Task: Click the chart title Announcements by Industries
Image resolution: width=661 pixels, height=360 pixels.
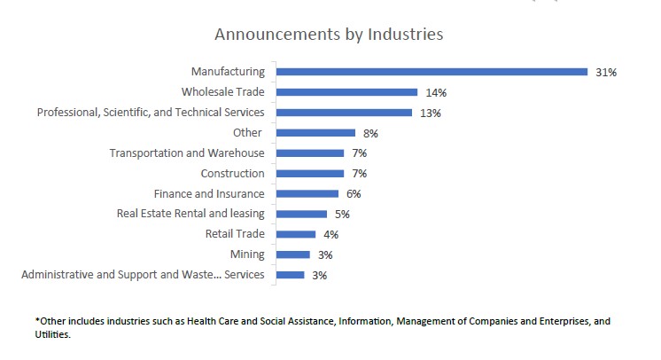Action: point(329,35)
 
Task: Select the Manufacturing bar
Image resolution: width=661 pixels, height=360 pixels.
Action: point(432,72)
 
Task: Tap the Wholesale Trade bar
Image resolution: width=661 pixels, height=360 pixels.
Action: point(346,92)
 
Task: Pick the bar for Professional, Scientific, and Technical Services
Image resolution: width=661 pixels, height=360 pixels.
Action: point(344,113)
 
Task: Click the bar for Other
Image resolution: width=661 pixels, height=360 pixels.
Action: point(315,133)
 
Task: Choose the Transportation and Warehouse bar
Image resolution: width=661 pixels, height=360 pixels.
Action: point(310,153)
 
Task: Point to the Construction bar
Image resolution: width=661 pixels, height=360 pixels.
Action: point(310,174)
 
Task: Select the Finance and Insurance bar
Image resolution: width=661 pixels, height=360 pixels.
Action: point(307,193)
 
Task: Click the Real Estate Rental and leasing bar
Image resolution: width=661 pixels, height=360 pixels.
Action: point(301,214)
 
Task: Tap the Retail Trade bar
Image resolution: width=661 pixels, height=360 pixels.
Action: point(296,234)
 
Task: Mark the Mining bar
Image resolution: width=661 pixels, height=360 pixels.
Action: point(293,254)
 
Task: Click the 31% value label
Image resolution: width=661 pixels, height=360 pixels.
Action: point(606,73)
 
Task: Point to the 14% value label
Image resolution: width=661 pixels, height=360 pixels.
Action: point(435,93)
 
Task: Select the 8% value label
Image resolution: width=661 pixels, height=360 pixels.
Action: point(370,134)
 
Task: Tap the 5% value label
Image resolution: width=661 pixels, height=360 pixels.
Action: point(343,215)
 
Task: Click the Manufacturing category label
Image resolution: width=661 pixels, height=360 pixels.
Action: point(228,72)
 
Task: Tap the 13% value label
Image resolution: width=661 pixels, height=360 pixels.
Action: point(431,113)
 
